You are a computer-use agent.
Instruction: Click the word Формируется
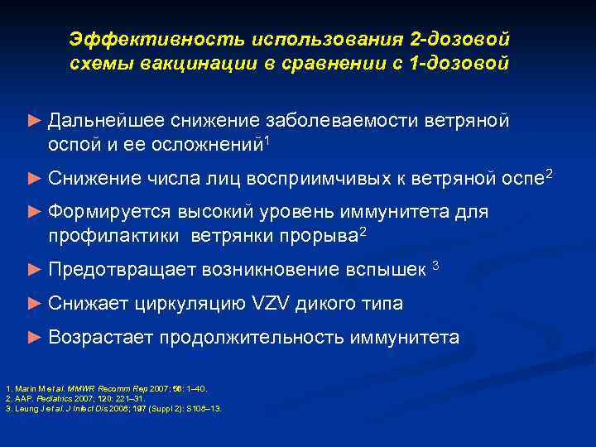[x=108, y=212]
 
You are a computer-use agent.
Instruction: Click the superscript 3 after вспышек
[x=436, y=265]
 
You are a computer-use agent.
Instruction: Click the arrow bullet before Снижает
[x=33, y=304]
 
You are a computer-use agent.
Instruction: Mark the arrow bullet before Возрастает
[x=33, y=337]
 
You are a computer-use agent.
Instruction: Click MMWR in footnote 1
[x=72, y=388]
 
